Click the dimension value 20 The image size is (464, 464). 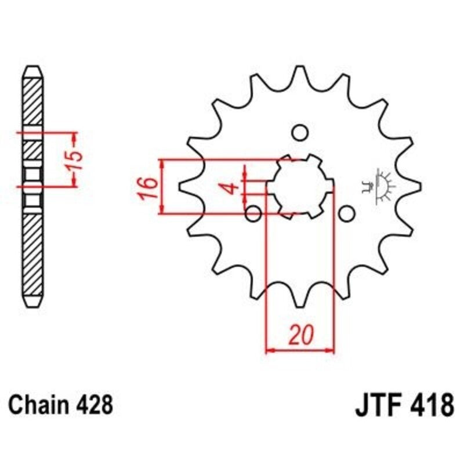300,335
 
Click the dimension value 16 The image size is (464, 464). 148,187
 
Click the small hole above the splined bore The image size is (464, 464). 299,133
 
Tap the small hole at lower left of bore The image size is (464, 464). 253,214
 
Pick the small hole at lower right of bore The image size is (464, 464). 346,214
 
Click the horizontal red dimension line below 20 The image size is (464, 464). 300,350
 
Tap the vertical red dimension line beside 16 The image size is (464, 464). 163,187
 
